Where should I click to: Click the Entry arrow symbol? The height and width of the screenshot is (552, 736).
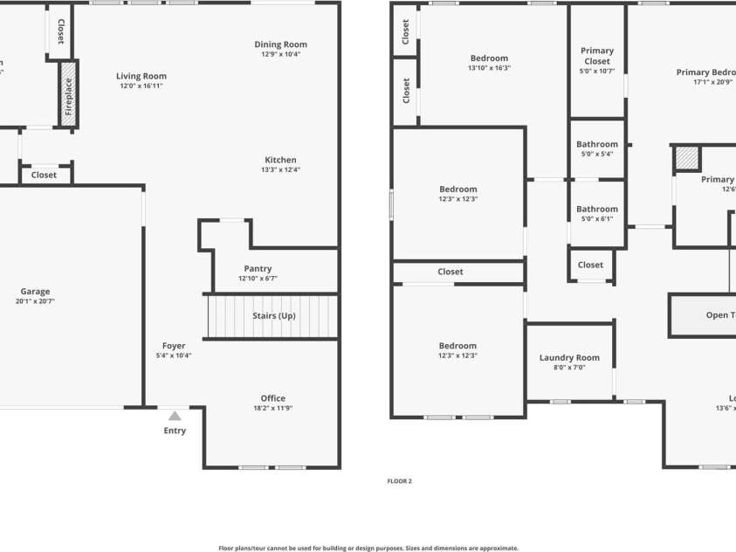click(x=175, y=416)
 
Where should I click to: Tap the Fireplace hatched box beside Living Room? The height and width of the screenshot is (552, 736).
click(x=68, y=95)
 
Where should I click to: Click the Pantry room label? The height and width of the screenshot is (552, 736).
click(x=258, y=269)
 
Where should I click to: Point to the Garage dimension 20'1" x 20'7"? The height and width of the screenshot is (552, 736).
click(x=35, y=301)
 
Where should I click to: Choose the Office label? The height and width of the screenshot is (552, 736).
click(x=272, y=398)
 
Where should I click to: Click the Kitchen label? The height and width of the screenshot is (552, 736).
click(x=280, y=160)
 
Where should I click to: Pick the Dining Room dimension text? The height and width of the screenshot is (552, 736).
click(x=280, y=54)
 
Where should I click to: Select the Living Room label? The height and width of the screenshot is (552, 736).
click(x=141, y=76)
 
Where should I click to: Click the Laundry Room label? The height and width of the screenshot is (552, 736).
click(x=569, y=357)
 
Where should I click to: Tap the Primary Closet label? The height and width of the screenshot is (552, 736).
click(x=597, y=56)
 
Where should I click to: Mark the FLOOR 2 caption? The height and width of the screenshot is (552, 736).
click(x=399, y=480)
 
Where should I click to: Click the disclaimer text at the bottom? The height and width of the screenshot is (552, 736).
click(x=368, y=549)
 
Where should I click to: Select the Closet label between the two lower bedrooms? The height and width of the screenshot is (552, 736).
click(x=451, y=272)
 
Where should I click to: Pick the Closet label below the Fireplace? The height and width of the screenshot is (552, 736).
click(x=44, y=175)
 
